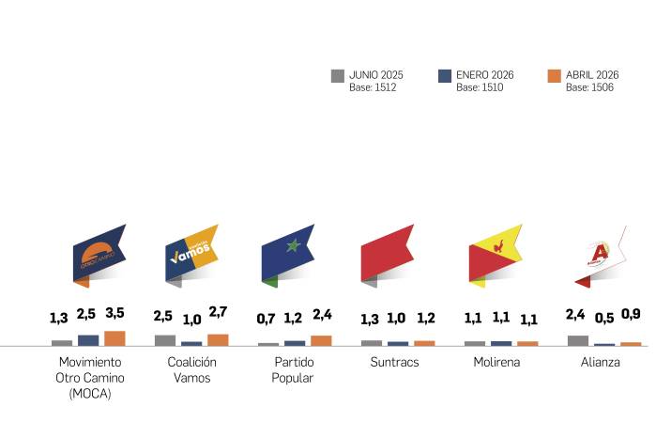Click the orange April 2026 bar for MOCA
pyautogui.click(x=114, y=338)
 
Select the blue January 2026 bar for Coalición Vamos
pyautogui.click(x=191, y=343)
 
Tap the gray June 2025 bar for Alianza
pyautogui.click(x=578, y=340)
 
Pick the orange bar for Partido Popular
pyautogui.click(x=321, y=340)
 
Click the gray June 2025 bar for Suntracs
pyautogui.click(x=372, y=342)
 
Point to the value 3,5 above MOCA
pyautogui.click(x=114, y=314)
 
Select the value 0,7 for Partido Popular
pyautogui.click(x=267, y=320)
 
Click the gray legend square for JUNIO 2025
pyautogui.click(x=338, y=76)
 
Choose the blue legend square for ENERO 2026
pyautogui.click(x=445, y=76)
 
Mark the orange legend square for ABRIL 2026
pyautogui.click(x=554, y=76)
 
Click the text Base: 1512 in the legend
pyautogui.click(x=374, y=87)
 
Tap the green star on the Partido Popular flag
pyautogui.click(x=292, y=246)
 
